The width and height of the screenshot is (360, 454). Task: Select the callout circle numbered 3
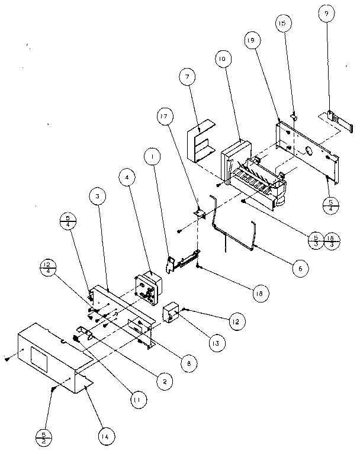point(98,195)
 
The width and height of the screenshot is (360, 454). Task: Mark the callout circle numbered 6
point(300,268)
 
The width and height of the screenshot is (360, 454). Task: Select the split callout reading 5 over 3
point(315,240)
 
